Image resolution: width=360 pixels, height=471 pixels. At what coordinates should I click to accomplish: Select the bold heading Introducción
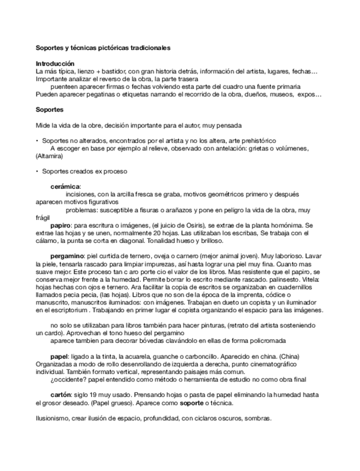pos(54,64)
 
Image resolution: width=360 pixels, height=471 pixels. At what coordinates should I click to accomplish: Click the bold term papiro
pos(59,226)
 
